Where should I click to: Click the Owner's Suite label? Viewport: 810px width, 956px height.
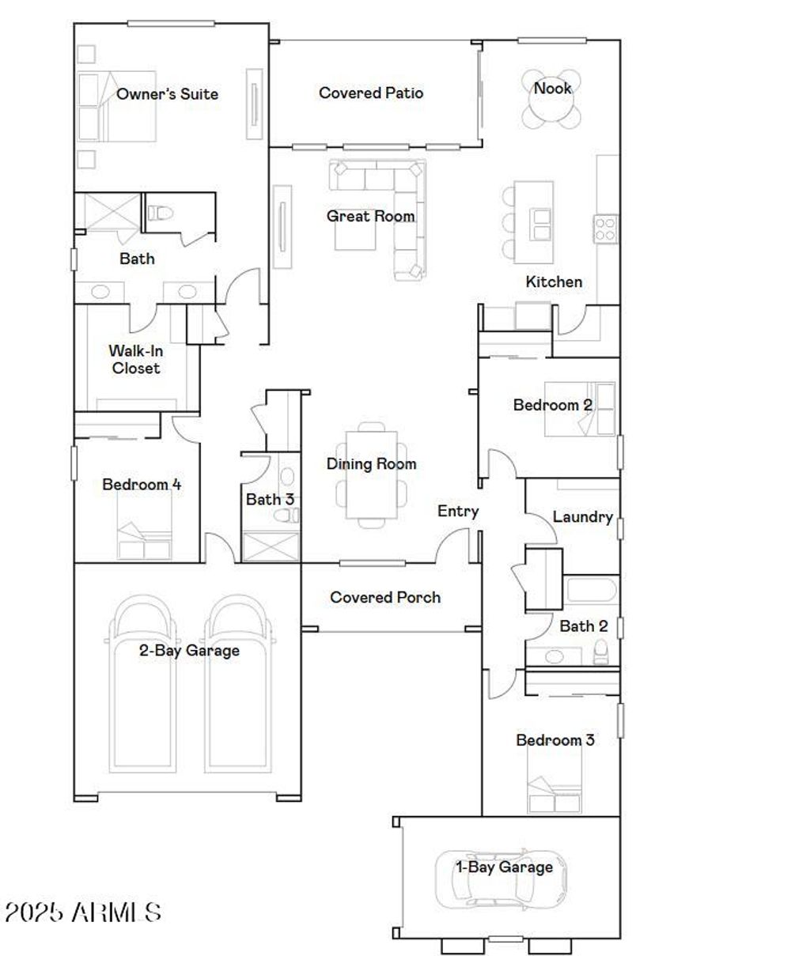(167, 94)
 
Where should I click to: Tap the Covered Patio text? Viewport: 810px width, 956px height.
(371, 93)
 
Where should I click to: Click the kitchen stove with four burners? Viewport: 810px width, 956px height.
(606, 229)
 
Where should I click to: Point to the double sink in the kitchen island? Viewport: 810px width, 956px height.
(542, 224)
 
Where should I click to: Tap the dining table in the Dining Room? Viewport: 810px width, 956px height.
(372, 473)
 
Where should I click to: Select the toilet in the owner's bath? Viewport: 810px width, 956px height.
(161, 213)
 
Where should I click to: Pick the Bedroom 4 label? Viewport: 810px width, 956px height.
(142, 485)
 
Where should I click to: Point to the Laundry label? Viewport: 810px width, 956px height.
(582, 517)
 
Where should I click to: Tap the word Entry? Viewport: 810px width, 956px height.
(458, 512)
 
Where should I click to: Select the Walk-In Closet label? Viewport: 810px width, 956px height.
(135, 359)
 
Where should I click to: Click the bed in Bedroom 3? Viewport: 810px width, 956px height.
(555, 783)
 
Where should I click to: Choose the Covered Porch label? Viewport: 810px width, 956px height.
(385, 598)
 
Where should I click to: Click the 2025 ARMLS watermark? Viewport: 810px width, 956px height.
(83, 913)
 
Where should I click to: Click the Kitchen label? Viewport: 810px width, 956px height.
(554, 282)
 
